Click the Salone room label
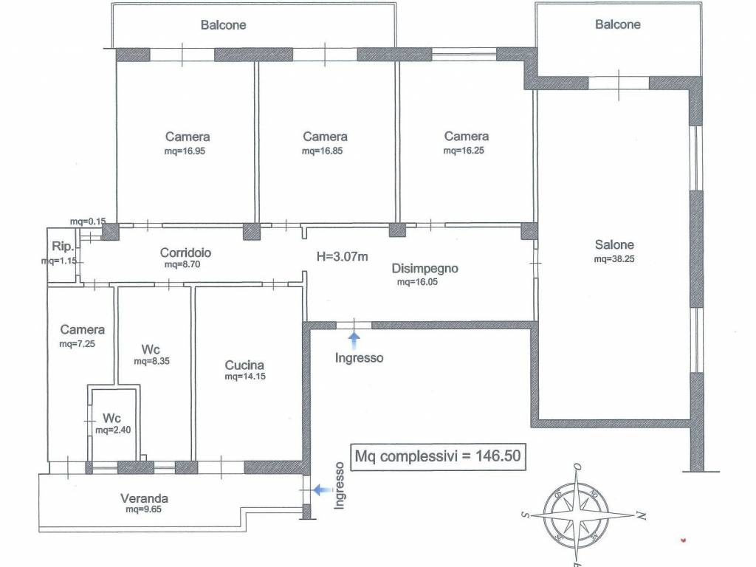pos(614,244)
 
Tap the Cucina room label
pos(244,365)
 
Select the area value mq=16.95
pos(185,151)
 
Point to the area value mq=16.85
pos(322,151)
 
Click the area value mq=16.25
pos(464,151)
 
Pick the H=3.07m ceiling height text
pos(343,256)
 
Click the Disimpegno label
pos(425,269)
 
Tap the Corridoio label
pos(185,252)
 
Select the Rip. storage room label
pos(63,247)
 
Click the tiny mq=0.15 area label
pos(88,221)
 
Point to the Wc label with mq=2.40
pos(112,418)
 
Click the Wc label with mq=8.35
pos(151,349)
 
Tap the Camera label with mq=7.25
pos(83,329)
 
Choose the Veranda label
pos(144,498)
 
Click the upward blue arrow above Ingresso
pos(354,340)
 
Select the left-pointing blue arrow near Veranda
pos(323,490)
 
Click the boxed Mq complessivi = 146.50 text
pos(438,456)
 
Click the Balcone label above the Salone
pos(618,24)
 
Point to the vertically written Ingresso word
pos(340,486)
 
